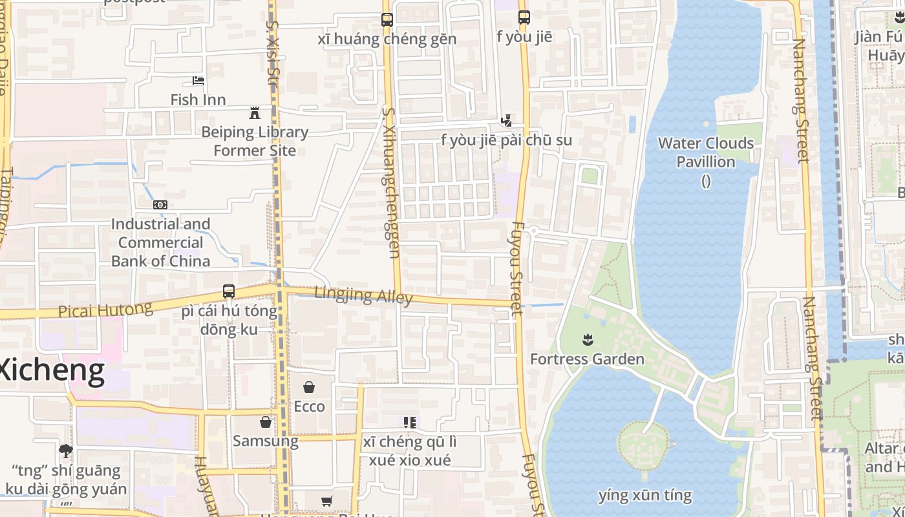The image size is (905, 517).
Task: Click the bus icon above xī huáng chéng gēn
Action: (x=387, y=20)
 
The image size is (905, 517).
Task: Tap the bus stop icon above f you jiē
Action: (x=524, y=17)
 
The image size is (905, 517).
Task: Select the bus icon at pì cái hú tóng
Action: (x=229, y=291)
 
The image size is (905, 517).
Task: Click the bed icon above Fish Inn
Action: (x=198, y=81)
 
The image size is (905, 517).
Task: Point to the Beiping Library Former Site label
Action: (x=255, y=142)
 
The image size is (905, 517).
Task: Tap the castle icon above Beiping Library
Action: (x=255, y=113)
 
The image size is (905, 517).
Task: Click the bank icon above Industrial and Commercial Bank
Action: (x=160, y=205)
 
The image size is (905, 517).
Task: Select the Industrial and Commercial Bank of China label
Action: (x=161, y=242)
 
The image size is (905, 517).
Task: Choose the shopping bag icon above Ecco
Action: (x=309, y=387)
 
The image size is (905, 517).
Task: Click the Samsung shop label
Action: (x=266, y=441)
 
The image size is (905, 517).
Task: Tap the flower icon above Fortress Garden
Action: (x=587, y=339)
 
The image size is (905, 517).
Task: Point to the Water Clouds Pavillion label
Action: (x=706, y=153)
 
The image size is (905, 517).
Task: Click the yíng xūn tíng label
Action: (x=645, y=496)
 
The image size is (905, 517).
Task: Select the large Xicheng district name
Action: (x=52, y=370)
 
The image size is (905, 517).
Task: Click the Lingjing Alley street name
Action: (x=363, y=295)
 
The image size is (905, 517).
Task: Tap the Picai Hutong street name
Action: (x=105, y=310)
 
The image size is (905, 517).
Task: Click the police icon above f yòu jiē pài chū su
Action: (x=507, y=120)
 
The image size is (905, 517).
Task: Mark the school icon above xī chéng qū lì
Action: (x=410, y=423)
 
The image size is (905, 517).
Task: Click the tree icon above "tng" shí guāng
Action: (x=66, y=450)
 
